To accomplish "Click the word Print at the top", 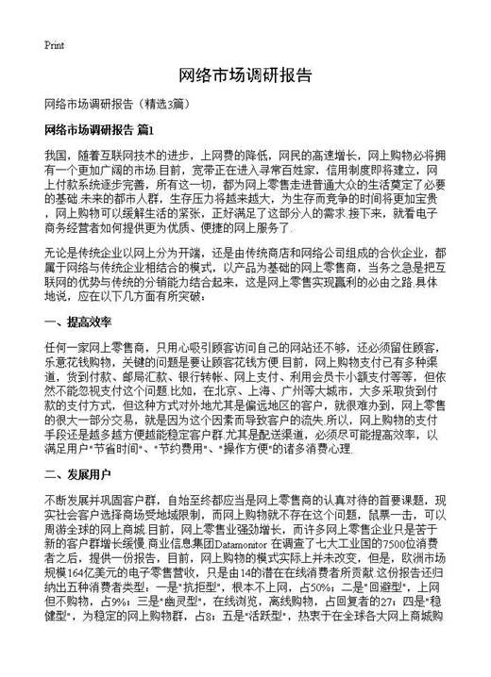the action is point(55,44).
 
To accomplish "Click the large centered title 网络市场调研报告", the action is point(245,75).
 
